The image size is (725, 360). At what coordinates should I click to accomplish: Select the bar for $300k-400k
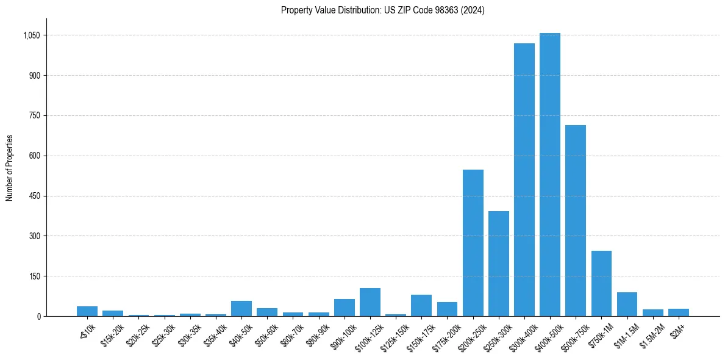tap(524, 179)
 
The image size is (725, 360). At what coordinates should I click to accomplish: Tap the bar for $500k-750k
tap(576, 220)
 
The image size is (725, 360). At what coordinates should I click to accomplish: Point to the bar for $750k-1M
tap(601, 283)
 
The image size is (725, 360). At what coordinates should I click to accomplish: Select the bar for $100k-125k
tap(370, 302)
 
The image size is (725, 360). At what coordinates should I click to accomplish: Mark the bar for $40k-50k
tap(241, 308)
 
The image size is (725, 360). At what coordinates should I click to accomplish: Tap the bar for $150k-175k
tap(421, 305)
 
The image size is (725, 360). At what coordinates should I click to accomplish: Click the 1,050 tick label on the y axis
tap(31, 35)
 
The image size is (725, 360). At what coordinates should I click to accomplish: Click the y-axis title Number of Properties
tap(10, 168)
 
